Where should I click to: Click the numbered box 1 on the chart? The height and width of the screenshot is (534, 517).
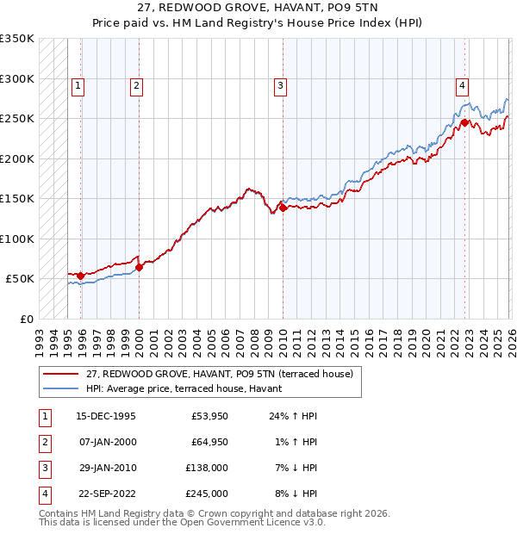click(78, 85)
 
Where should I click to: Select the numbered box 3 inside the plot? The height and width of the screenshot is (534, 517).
click(281, 85)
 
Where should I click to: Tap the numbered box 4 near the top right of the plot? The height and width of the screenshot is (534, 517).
click(463, 85)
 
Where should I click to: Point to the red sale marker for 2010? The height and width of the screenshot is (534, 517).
click(283, 207)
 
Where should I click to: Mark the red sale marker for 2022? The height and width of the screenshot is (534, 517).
click(464, 122)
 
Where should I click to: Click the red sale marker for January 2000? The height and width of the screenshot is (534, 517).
click(139, 266)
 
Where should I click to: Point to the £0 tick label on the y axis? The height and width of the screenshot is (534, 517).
click(23, 319)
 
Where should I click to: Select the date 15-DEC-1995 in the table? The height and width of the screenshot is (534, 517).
click(106, 416)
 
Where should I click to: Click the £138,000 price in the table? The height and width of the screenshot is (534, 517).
click(208, 468)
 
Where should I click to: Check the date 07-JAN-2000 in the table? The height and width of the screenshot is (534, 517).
click(106, 442)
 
